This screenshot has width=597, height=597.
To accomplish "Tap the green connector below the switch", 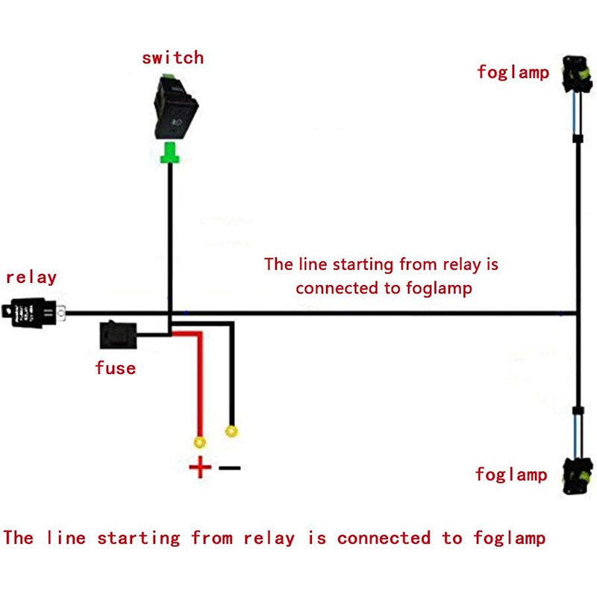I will click(171, 152).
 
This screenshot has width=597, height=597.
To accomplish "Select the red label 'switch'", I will click(172, 57).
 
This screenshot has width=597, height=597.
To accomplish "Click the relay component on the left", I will click(34, 312).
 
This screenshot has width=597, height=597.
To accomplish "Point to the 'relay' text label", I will click(31, 278).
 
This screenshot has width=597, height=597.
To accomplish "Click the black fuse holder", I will click(117, 336).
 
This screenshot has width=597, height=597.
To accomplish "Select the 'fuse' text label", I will click(115, 367).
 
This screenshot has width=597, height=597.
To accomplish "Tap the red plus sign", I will click(199, 468).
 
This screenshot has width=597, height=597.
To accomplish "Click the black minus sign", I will click(230, 468).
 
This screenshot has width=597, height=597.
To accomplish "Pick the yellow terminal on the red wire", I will click(199, 443).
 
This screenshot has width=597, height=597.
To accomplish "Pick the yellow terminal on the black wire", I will click(232, 431).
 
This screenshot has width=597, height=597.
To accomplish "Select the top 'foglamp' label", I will click(513, 72).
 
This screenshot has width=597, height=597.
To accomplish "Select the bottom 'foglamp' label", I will click(511, 474).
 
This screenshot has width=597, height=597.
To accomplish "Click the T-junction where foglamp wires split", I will click(578, 313).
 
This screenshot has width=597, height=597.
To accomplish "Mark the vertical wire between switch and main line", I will click(171, 239).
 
